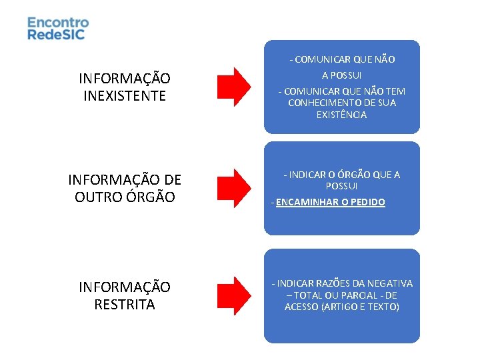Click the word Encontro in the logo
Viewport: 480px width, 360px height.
[x=58, y=23]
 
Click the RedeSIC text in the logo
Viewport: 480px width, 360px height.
[x=57, y=35]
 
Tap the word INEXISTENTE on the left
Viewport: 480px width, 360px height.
[x=125, y=96]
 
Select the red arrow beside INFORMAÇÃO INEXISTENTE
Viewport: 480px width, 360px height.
[x=233, y=87]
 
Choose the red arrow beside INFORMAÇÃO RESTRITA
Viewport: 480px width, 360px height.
[x=233, y=295]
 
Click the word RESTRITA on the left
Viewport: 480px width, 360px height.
[x=125, y=305]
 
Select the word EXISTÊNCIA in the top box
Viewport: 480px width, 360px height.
[x=341, y=115]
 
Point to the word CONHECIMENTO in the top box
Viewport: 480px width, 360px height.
[x=322, y=103]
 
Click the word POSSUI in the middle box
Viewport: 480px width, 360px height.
[x=341, y=186]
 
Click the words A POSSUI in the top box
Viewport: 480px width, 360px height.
[x=341, y=75]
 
